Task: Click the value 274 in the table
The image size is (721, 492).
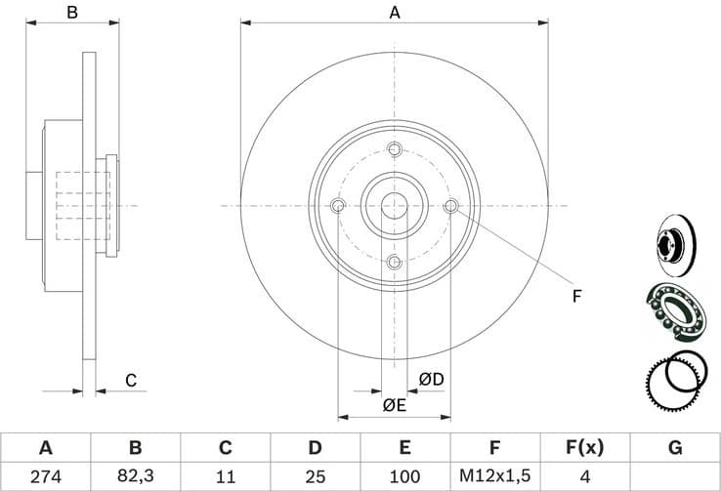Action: tap(45, 476)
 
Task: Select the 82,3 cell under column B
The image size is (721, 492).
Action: tap(135, 476)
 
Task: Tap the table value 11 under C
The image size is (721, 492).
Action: tap(225, 476)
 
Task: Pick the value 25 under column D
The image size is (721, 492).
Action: tap(315, 476)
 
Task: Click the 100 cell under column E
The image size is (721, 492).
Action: tap(404, 476)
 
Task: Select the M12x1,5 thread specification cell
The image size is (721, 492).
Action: tap(494, 476)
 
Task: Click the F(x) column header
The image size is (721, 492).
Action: tap(584, 448)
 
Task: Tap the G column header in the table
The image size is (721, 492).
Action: tap(674, 448)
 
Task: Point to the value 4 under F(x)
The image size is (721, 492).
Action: tap(584, 476)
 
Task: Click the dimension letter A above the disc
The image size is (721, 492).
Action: tap(395, 13)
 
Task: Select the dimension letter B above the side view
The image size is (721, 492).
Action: tap(71, 13)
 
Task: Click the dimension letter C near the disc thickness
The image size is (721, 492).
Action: tap(130, 381)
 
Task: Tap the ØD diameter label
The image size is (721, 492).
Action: tap(431, 379)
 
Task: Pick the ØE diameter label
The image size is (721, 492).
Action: tap(394, 405)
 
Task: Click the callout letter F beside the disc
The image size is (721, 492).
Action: tap(576, 295)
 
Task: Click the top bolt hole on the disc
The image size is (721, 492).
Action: tap(395, 149)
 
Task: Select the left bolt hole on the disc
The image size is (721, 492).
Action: tap(338, 206)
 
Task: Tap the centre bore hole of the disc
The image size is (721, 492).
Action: tap(395, 206)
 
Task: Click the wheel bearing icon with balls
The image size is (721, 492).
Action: tap(675, 311)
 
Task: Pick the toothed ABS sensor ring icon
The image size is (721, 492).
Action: tap(674, 381)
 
